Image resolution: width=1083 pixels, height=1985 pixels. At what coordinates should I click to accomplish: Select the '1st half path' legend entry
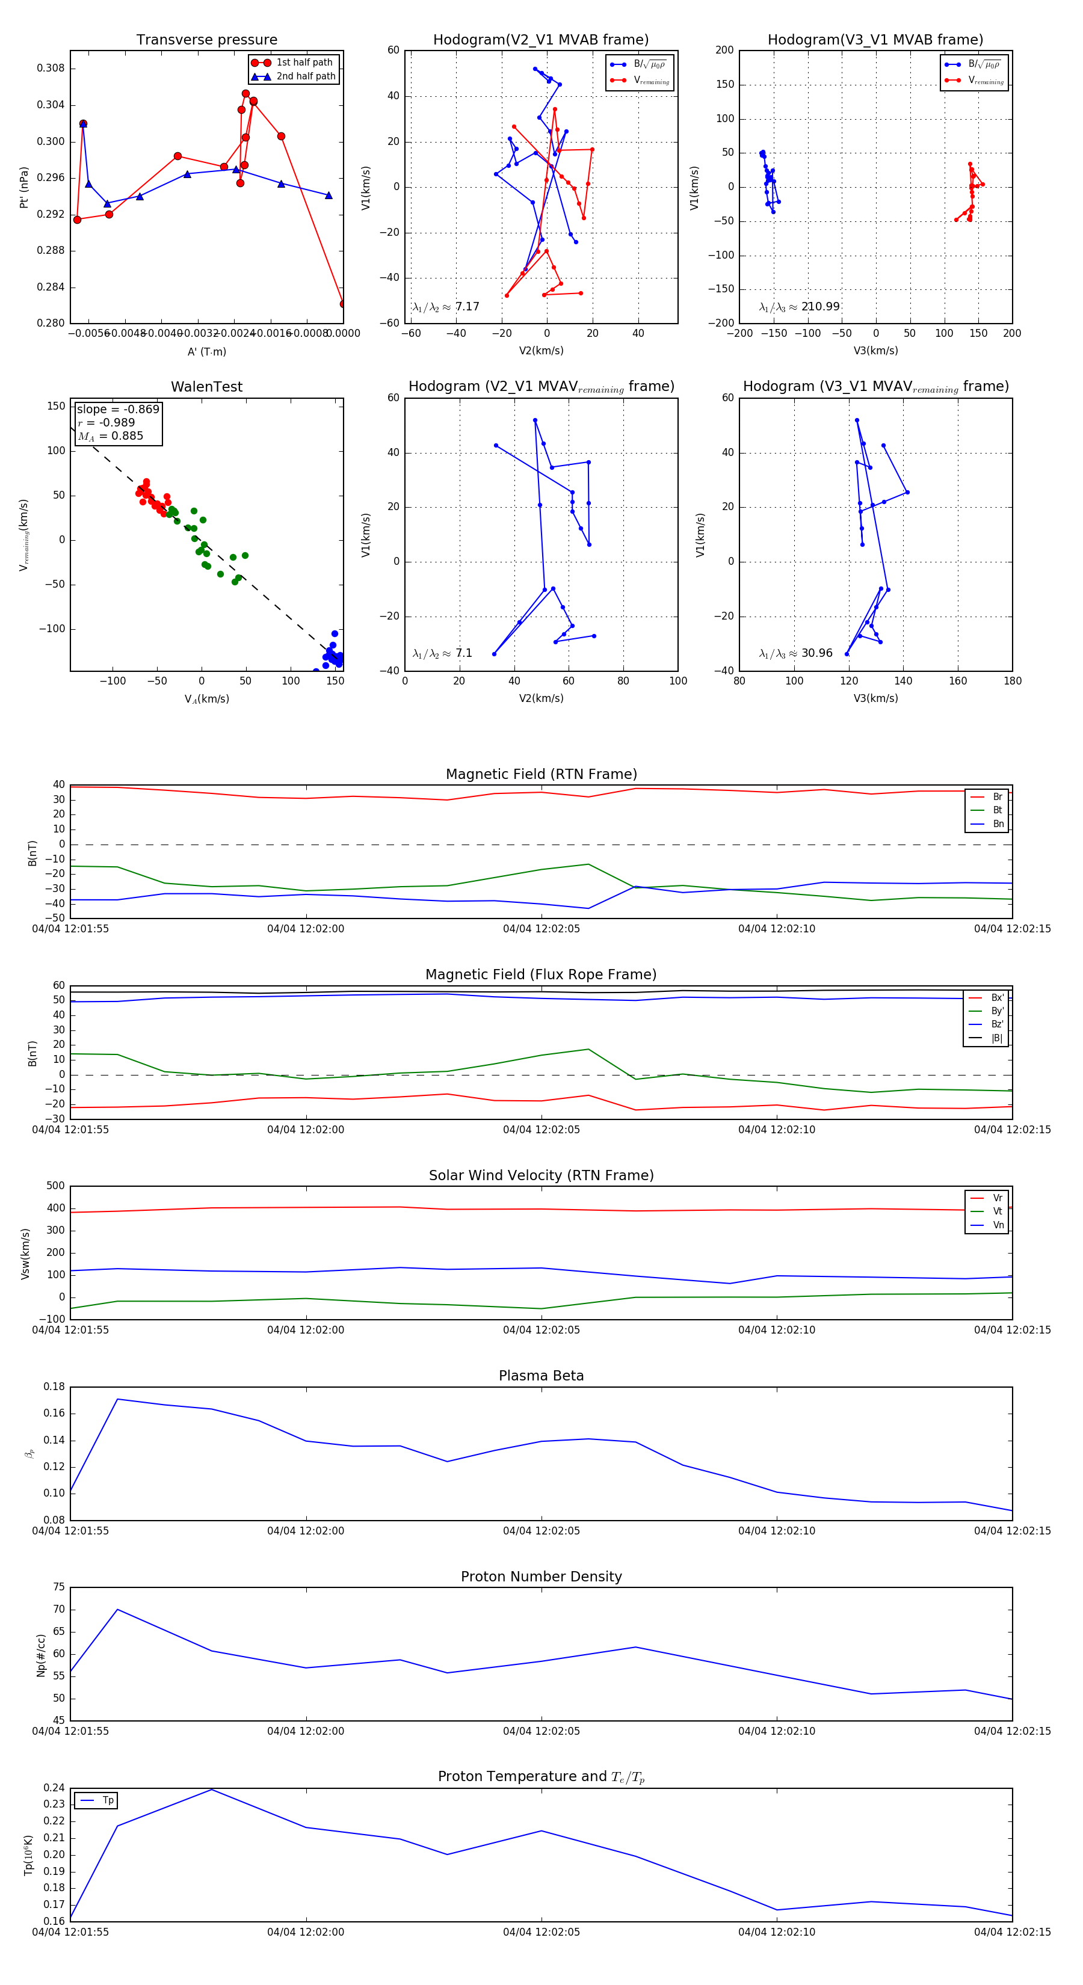[304, 63]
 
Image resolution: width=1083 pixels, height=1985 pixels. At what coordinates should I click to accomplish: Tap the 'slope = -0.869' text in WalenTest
[118, 409]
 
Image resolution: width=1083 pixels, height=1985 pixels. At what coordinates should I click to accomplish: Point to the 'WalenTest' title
[206, 387]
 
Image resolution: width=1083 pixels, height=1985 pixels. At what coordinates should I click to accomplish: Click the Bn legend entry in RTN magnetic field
[998, 823]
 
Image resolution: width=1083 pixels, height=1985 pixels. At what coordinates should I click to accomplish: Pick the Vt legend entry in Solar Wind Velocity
[998, 1211]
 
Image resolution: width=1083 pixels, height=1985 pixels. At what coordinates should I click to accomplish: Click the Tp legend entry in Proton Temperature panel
[107, 1800]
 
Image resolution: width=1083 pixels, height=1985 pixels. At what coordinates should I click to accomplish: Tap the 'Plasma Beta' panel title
[541, 1376]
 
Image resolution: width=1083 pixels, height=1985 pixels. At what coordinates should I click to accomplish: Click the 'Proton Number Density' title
[541, 1577]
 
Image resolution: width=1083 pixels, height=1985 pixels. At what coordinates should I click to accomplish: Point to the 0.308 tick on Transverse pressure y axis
[51, 69]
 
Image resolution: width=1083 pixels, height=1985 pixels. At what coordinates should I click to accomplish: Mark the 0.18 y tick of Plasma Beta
[54, 1386]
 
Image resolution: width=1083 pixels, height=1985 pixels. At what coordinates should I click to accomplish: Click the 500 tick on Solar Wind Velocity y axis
[55, 1186]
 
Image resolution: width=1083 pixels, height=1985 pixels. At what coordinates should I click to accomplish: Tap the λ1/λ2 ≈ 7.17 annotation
[445, 307]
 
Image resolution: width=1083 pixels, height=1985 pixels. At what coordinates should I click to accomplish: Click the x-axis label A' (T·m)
[206, 351]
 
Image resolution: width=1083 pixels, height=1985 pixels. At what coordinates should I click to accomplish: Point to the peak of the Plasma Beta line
[117, 1399]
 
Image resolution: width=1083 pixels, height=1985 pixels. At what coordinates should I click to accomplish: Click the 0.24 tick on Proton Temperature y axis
[54, 1788]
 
